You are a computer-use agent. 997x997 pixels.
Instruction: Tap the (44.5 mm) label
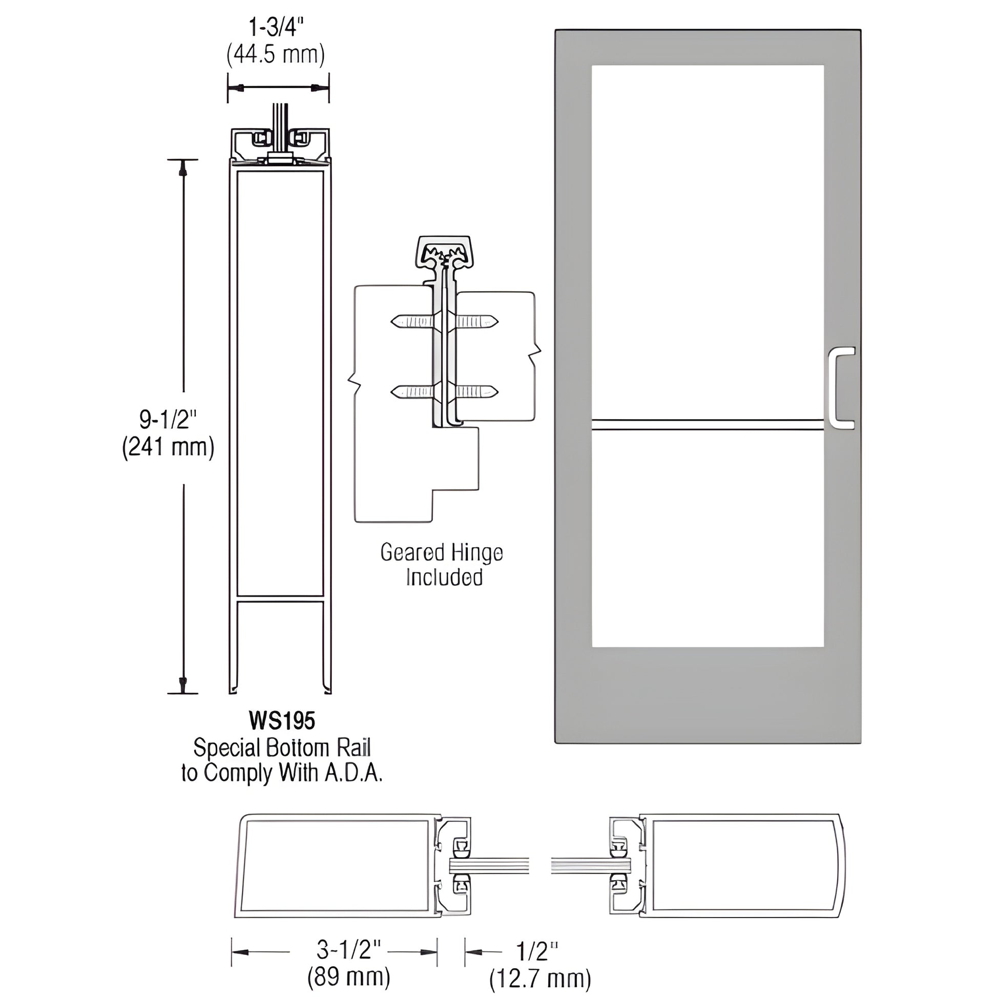pyautogui.click(x=276, y=55)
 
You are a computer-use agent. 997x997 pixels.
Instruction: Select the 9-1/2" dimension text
pyautogui.click(x=168, y=420)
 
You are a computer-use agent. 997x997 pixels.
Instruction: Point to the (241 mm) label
pyautogui.click(x=168, y=447)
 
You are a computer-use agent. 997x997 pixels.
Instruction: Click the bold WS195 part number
pyautogui.click(x=282, y=721)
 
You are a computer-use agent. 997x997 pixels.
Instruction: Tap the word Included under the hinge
pyautogui.click(x=444, y=577)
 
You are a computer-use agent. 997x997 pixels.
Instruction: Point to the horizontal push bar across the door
pyautogui.click(x=707, y=424)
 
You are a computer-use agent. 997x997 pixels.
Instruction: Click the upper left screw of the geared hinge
pyautogui.click(x=413, y=322)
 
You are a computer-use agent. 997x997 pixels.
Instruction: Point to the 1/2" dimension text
pyautogui.click(x=537, y=949)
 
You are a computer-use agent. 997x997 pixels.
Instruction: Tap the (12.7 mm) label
pyautogui.click(x=540, y=977)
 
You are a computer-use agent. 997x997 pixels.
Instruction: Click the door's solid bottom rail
pyautogui.click(x=707, y=694)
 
